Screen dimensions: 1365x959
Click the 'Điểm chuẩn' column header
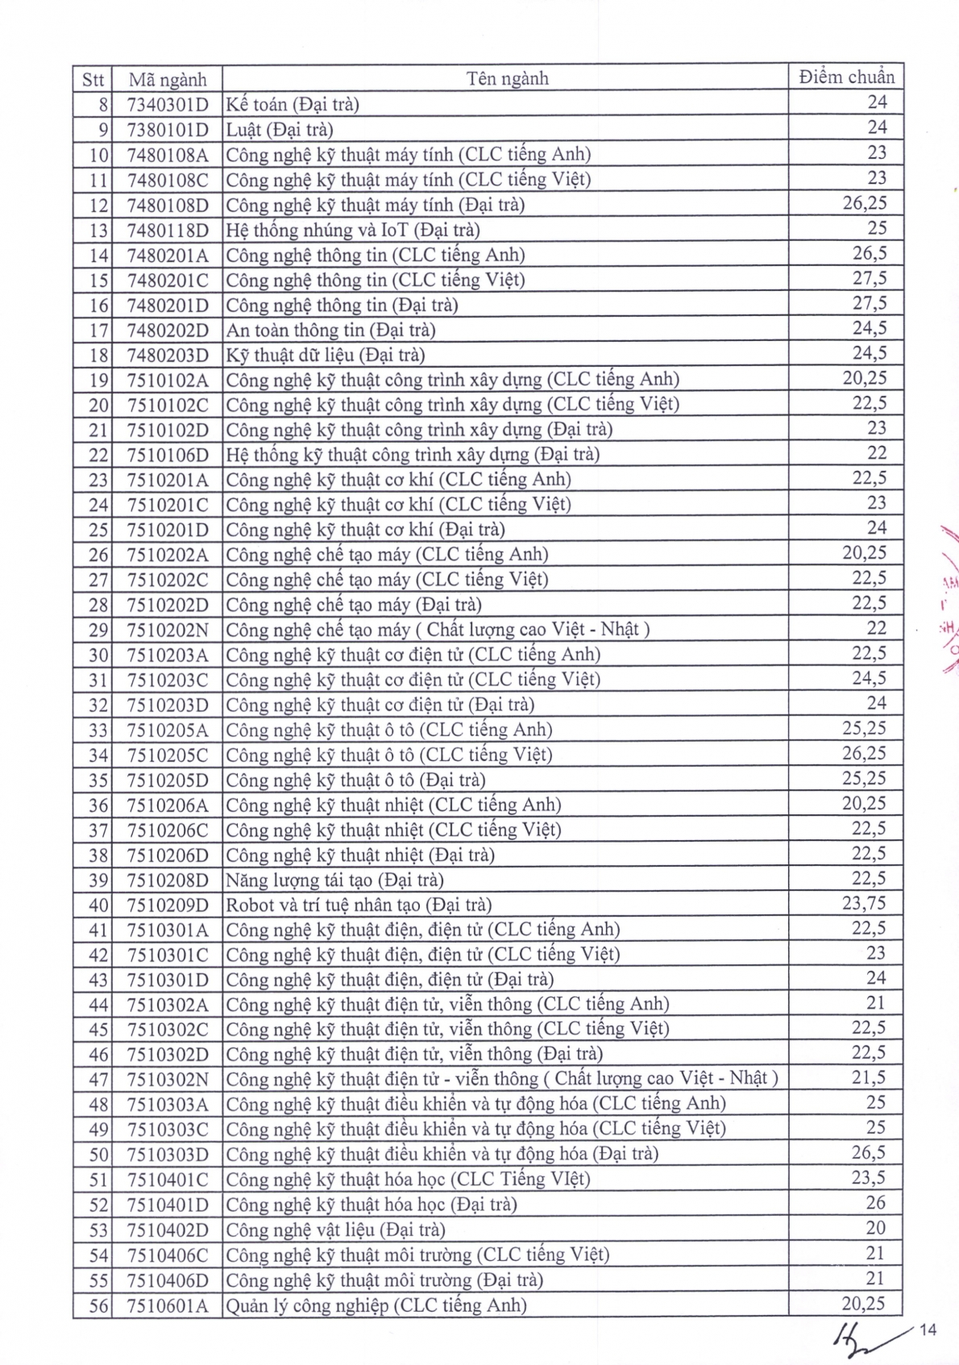click(x=846, y=77)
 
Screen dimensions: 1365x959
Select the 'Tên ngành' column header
click(x=507, y=78)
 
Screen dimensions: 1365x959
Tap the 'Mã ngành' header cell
click(x=168, y=79)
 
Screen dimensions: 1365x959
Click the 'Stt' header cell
click(x=93, y=79)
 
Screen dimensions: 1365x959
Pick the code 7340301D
click(x=168, y=104)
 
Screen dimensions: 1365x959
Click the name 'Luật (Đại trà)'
click(x=280, y=129)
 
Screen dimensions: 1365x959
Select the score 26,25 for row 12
click(x=864, y=203)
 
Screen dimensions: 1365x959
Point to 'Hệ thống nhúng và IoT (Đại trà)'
click(x=353, y=230)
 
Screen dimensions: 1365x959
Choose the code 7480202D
click(x=168, y=330)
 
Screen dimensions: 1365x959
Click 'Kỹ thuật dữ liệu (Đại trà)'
click(x=325, y=355)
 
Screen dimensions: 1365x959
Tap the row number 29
click(x=98, y=630)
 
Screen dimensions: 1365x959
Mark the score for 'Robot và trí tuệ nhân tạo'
click(x=864, y=904)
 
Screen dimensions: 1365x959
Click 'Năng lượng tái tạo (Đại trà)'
click(x=334, y=880)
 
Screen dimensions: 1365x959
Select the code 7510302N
click(x=168, y=1080)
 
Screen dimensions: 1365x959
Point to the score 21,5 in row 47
click(x=869, y=1078)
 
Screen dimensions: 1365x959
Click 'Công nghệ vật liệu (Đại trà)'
click(x=335, y=1230)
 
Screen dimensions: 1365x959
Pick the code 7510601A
click(x=168, y=1305)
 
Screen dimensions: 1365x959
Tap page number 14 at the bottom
click(x=928, y=1330)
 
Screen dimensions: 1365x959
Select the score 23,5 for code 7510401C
click(x=869, y=1178)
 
